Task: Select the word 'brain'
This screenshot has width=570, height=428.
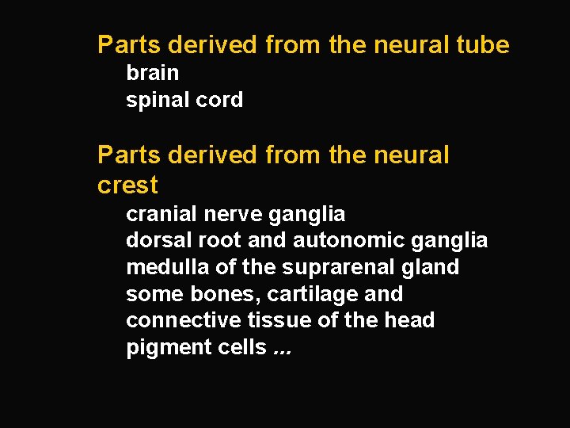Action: coord(153,73)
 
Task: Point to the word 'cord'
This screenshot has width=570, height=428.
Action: coord(221,100)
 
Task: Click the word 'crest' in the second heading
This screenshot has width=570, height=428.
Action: coord(127,185)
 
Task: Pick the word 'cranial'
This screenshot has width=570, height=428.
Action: coord(162,214)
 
